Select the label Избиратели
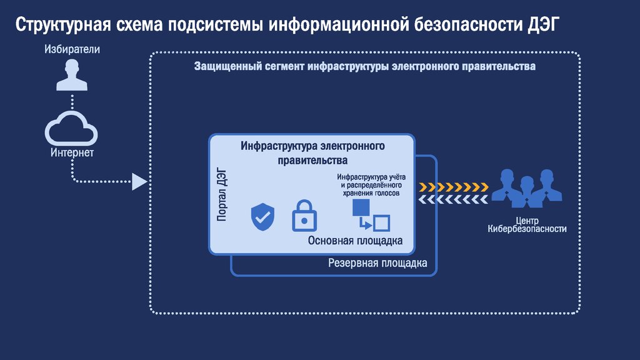point(72,49)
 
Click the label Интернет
point(72,152)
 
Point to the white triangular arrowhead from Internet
point(139,182)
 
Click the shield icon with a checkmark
point(262,216)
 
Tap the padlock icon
point(304,214)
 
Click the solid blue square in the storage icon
point(361,207)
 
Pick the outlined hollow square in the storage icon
point(381,223)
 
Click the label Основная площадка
point(355,241)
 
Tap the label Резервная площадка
point(377,263)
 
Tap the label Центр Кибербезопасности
point(527,225)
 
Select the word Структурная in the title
point(63,26)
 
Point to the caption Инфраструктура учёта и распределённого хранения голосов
point(370,184)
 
